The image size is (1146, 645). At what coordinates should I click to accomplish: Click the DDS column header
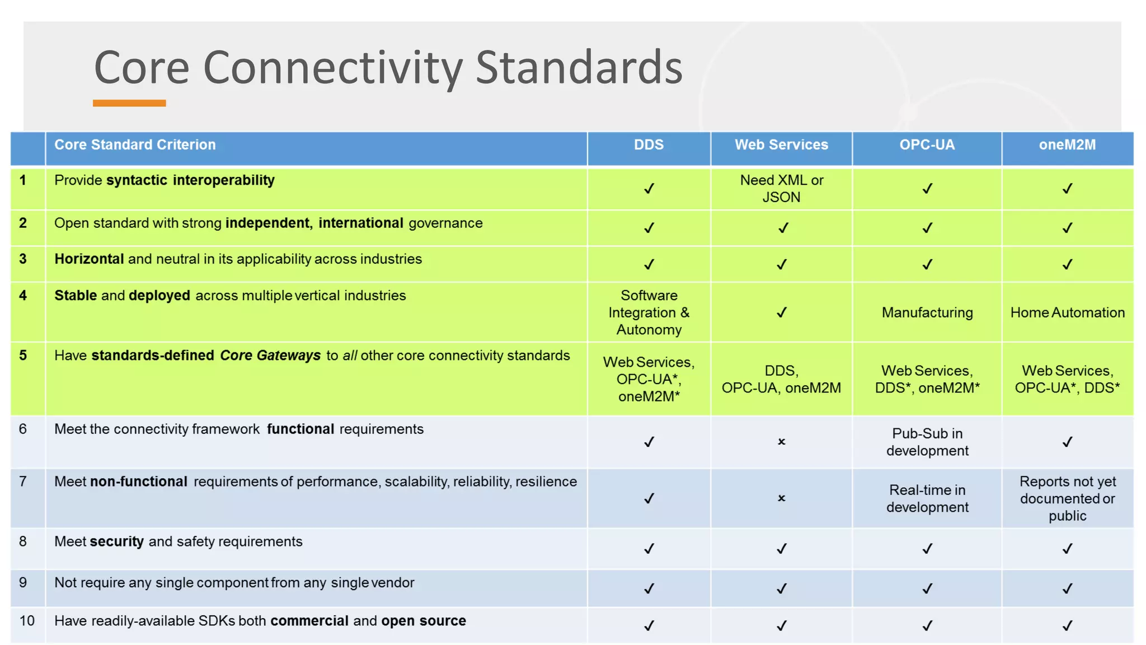(x=649, y=145)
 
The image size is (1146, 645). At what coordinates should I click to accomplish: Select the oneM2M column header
(x=1067, y=145)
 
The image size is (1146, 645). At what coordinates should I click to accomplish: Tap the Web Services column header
(x=781, y=145)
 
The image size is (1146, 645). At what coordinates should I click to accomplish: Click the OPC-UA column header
(x=927, y=145)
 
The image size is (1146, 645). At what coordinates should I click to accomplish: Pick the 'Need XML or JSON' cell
(x=781, y=189)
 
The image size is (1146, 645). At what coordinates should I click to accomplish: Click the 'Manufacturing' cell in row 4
(x=927, y=312)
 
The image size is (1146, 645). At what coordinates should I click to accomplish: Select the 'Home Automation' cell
(x=1067, y=312)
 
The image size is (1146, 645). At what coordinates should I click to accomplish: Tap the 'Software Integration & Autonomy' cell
(x=649, y=312)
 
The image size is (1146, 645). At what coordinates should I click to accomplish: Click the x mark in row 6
(x=782, y=442)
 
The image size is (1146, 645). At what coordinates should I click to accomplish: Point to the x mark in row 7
(x=782, y=498)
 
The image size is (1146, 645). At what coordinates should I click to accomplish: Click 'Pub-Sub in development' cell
(x=927, y=442)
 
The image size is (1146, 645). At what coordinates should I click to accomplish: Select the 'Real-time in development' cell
(x=927, y=498)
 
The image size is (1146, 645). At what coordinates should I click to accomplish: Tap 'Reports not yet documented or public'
(x=1067, y=498)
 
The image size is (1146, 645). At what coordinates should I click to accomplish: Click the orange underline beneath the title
(x=129, y=103)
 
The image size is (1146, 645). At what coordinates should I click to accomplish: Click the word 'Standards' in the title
(x=579, y=68)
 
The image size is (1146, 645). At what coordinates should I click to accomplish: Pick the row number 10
(x=27, y=621)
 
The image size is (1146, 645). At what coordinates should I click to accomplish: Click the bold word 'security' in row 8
(x=117, y=541)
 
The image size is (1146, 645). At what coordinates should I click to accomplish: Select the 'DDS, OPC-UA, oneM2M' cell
(x=781, y=379)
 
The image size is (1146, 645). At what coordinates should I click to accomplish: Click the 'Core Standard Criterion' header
(x=135, y=145)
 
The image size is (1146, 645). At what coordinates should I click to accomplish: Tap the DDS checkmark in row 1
(x=649, y=189)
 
